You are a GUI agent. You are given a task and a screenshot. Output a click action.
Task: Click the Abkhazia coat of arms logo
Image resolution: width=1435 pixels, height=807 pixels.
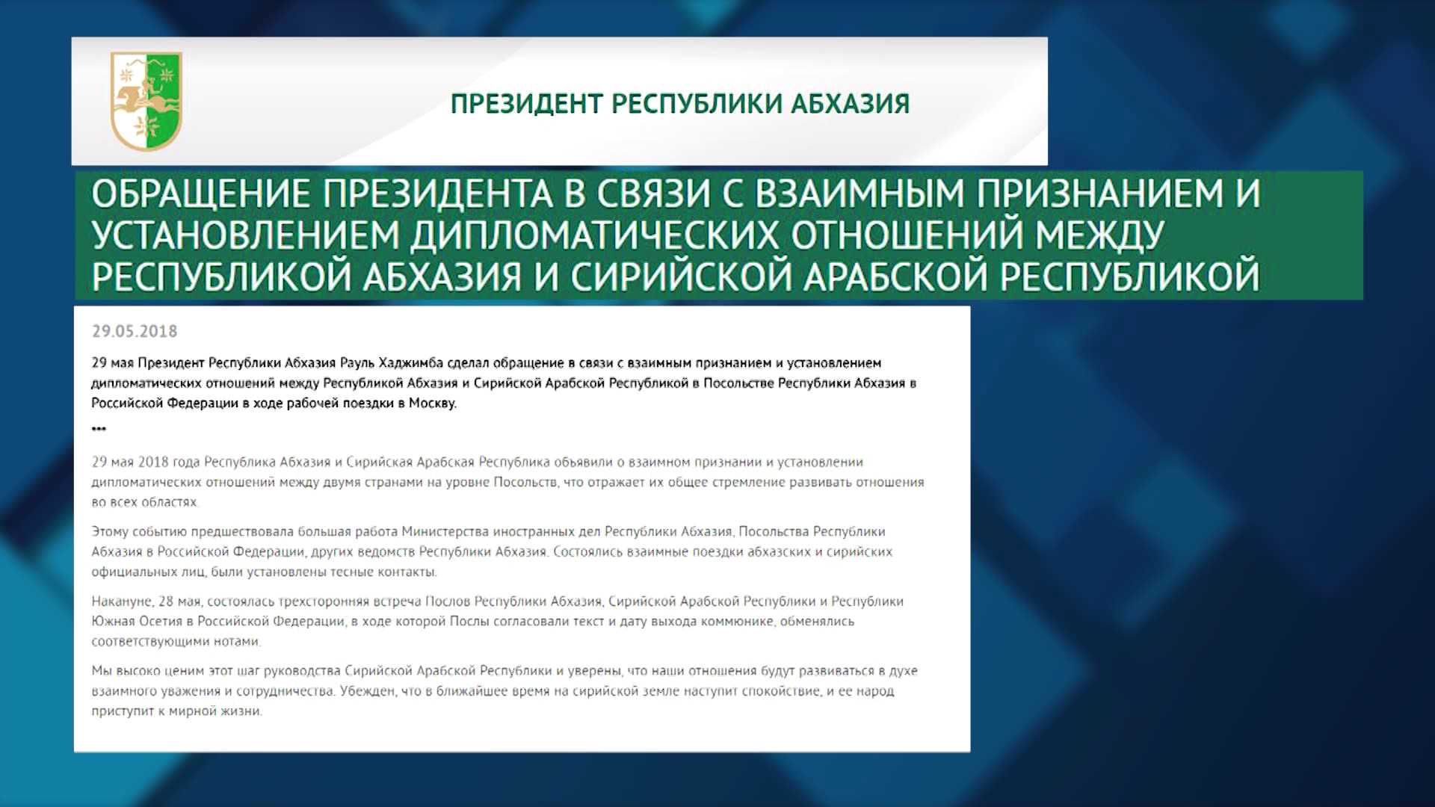146,101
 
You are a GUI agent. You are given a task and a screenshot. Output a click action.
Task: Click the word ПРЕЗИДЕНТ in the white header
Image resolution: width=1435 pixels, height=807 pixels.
528,104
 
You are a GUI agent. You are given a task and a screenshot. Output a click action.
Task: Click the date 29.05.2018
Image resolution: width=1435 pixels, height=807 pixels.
135,331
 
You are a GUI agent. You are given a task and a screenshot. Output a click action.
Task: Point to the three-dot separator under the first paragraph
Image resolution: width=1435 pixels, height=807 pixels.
99,429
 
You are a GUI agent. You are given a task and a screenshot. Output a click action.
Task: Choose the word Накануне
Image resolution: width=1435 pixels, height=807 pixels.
123,602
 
